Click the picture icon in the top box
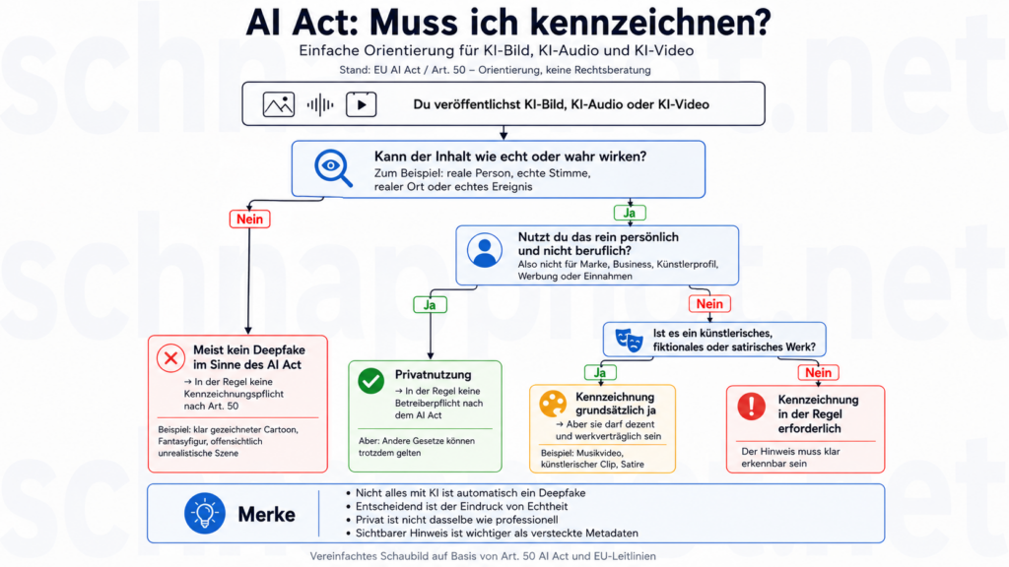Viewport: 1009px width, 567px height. (279, 104)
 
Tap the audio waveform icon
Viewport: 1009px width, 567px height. (320, 104)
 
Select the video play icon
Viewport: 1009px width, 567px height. (361, 104)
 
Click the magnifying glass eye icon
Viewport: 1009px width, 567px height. (333, 167)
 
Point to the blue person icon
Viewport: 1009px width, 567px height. (485, 250)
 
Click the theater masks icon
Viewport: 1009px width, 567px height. (629, 339)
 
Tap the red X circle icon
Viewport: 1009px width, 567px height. (170, 358)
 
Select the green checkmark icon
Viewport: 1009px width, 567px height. (370, 381)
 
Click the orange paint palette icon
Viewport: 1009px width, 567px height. (552, 404)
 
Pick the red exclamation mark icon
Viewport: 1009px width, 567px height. (751, 407)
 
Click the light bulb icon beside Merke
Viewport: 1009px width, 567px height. (205, 514)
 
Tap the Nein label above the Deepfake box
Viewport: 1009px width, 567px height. (249, 220)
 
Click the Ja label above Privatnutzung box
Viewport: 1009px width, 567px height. (430, 305)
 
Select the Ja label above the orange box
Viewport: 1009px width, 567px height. (600, 373)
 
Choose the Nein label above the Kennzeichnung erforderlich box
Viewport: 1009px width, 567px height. (819, 373)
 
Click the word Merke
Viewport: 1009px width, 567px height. (266, 514)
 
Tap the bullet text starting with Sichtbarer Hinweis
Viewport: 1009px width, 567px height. (497, 533)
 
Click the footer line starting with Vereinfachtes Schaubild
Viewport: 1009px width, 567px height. (483, 556)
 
